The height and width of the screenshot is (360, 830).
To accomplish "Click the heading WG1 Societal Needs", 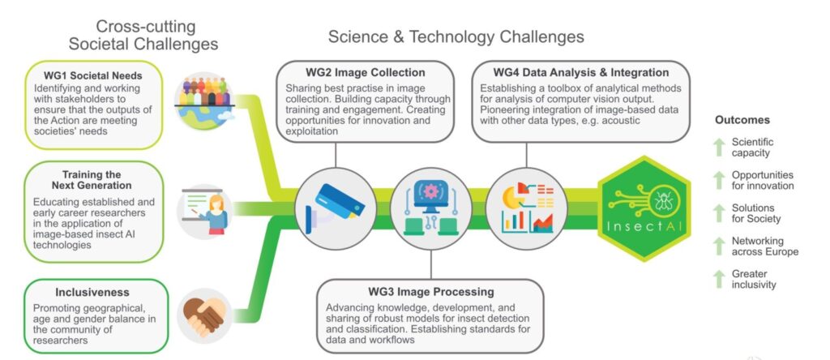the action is pyautogui.click(x=92, y=76).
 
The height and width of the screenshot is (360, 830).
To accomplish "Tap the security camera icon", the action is pyautogui.click(x=335, y=208).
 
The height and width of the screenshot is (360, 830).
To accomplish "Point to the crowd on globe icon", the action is pyautogui.click(x=204, y=101).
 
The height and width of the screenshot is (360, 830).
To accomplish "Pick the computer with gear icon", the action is pyautogui.click(x=431, y=208).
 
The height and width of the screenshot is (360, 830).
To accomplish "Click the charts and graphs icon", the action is pyautogui.click(x=527, y=208).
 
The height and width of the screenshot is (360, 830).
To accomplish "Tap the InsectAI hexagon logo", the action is pyautogui.click(x=644, y=208).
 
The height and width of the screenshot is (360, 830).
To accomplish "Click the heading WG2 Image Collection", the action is pyautogui.click(x=366, y=72).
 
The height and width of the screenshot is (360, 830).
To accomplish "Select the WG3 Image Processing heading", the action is pyautogui.click(x=431, y=292).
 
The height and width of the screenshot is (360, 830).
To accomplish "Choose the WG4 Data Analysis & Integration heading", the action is pyautogui.click(x=580, y=72).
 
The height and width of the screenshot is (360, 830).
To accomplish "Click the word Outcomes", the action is pyautogui.click(x=742, y=120).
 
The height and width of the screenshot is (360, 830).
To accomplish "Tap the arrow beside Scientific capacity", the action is pyautogui.click(x=719, y=148).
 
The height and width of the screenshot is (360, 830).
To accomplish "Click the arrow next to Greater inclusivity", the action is pyautogui.click(x=719, y=280).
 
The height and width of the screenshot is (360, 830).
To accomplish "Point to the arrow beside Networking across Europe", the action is pyautogui.click(x=719, y=246).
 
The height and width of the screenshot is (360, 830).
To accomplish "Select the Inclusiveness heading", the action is pyautogui.click(x=92, y=292).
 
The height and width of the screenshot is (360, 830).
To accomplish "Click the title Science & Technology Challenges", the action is pyautogui.click(x=456, y=37).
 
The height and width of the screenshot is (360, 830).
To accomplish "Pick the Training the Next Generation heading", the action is pyautogui.click(x=92, y=180).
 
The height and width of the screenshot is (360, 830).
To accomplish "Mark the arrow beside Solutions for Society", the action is pyautogui.click(x=719, y=213).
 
